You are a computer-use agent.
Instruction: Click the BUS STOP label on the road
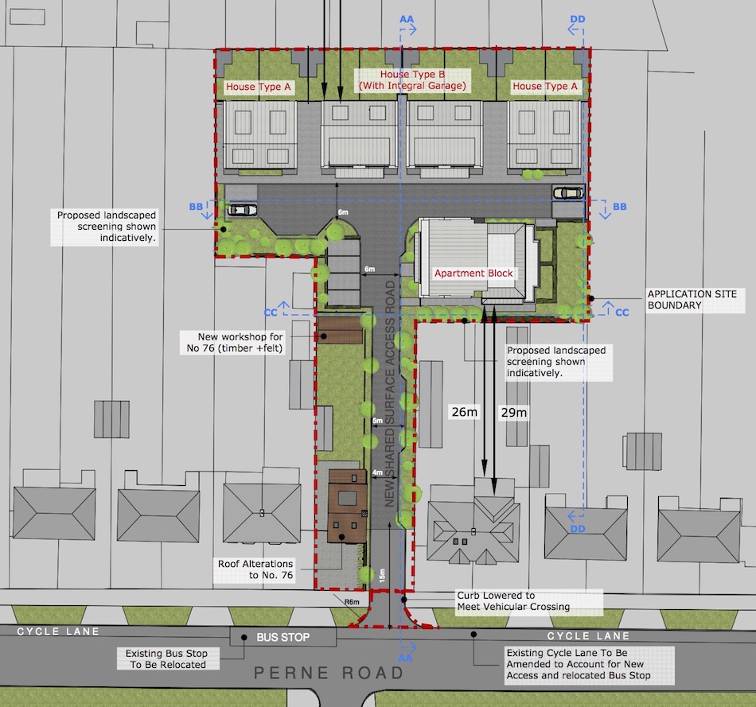[x=283, y=637]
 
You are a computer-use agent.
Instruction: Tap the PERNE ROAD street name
[x=329, y=673]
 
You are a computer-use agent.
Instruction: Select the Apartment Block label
[x=473, y=274]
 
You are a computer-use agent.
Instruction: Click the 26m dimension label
[x=464, y=412]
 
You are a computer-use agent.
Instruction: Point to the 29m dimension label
[x=514, y=412]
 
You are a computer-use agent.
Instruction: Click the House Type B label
[x=412, y=80]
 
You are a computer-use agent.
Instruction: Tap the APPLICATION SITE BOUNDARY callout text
[x=692, y=299]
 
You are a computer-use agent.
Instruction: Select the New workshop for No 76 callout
[x=235, y=342]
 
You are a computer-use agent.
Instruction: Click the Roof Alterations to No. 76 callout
[x=255, y=569]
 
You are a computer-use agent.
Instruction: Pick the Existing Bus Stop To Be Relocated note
[x=167, y=658]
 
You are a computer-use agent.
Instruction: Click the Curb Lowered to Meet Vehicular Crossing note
[x=513, y=601]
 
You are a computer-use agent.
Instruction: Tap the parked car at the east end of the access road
[x=568, y=193]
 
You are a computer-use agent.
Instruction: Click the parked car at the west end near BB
[x=243, y=210]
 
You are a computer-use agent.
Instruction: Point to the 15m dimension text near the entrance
[x=382, y=575]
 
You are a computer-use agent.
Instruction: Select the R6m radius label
[x=352, y=602]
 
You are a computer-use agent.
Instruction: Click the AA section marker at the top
[x=407, y=19]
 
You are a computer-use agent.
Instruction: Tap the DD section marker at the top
[x=578, y=19]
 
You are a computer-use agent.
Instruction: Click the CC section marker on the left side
[x=271, y=313]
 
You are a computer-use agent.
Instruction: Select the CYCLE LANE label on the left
[x=58, y=631]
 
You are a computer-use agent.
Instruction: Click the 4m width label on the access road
[x=377, y=472]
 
